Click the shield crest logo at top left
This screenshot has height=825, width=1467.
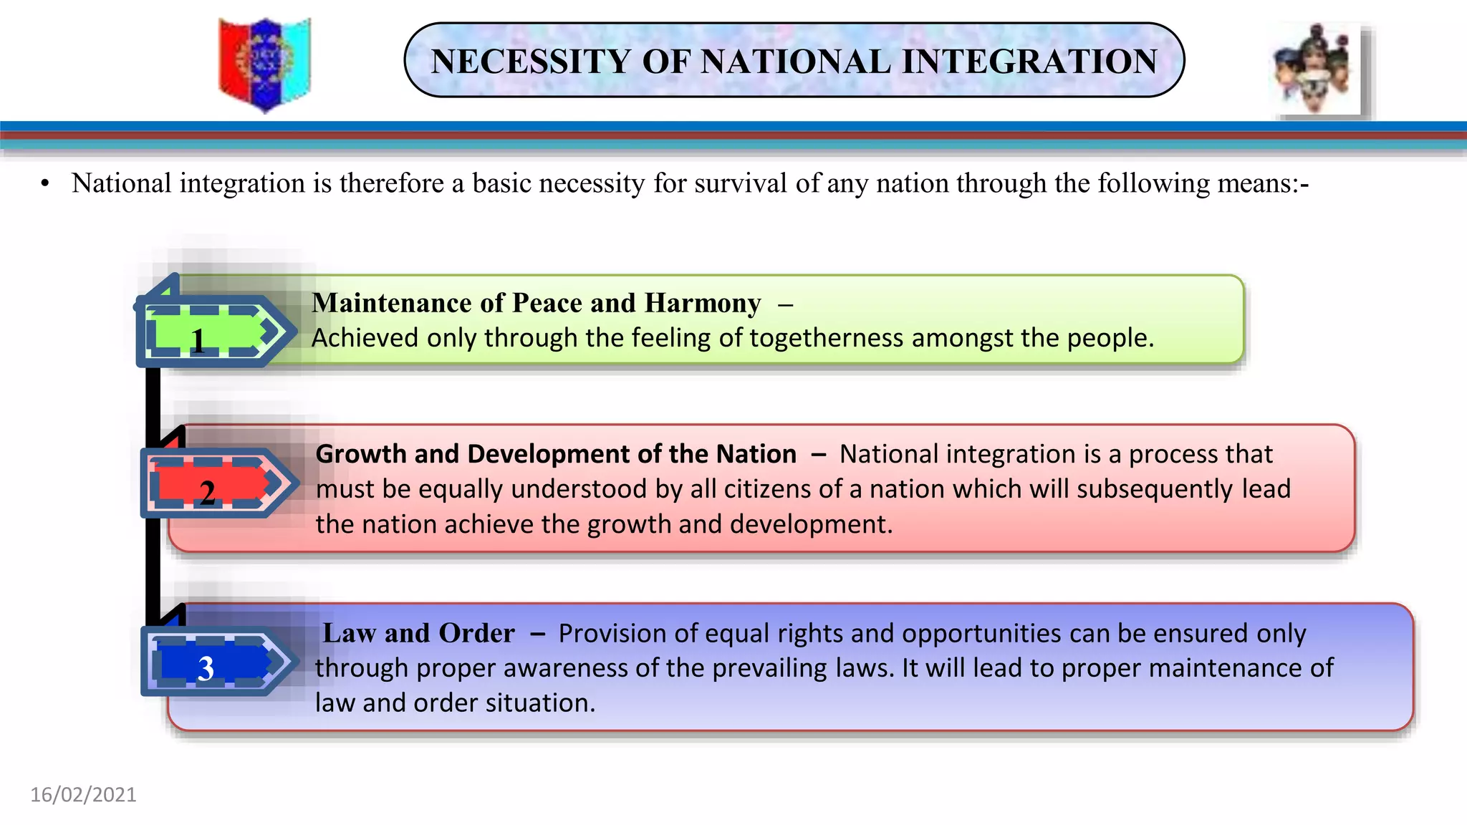pyautogui.click(x=264, y=64)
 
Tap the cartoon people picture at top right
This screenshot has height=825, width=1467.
pyautogui.click(x=1317, y=70)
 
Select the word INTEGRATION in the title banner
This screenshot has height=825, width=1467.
pyautogui.click(x=1029, y=62)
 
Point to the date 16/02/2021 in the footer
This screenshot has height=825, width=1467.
pyautogui.click(x=83, y=795)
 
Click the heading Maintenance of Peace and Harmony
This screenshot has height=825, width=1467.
pyautogui.click(x=537, y=303)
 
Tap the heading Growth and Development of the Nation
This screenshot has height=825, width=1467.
pyautogui.click(x=556, y=454)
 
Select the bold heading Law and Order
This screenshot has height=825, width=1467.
pyautogui.click(x=418, y=633)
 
